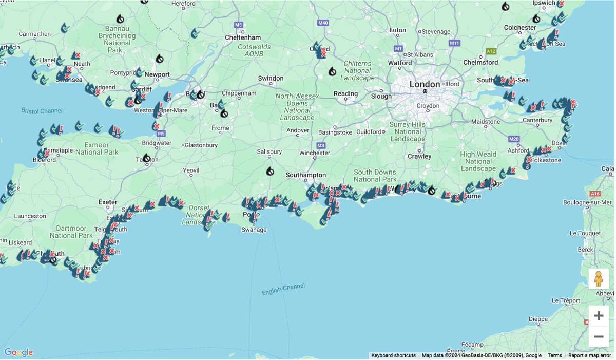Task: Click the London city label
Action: [425, 84]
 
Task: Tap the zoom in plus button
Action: [599, 315]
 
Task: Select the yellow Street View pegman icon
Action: [599, 279]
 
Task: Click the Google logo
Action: [18, 352]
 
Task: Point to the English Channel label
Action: [283, 289]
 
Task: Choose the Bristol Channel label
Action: [42, 110]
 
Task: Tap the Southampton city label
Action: [306, 175]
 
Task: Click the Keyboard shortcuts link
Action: [393, 355]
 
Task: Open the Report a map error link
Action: [589, 355]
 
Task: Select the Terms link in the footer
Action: [554, 355]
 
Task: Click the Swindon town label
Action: [271, 79]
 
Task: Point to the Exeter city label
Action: [108, 202]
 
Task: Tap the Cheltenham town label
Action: [243, 37]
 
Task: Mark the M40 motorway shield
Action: [323, 23]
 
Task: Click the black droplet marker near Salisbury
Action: [270, 171]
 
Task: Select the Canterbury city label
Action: [537, 121]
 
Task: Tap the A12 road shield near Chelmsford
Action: [491, 51]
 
